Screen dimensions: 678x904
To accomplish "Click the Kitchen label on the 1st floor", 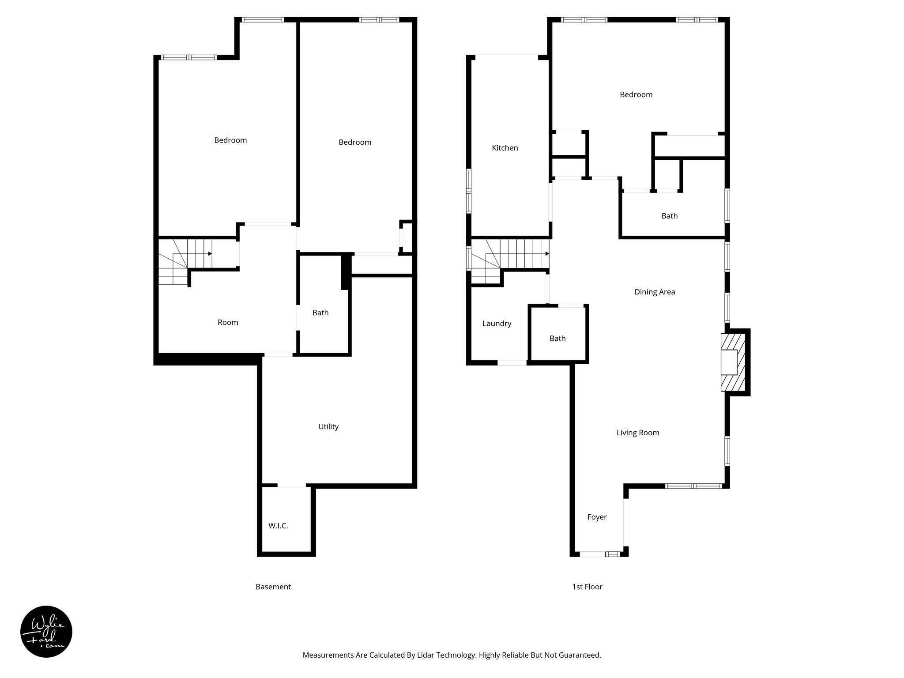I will click(505, 148).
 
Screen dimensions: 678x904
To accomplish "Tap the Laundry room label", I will click(497, 324).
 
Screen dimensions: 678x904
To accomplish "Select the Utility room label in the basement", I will click(328, 426).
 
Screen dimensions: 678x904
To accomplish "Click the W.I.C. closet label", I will click(278, 526).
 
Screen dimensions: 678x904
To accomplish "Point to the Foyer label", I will click(597, 517).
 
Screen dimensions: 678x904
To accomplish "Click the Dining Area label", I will click(654, 292).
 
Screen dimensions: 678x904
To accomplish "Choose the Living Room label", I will click(637, 433).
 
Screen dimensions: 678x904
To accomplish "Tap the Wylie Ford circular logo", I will click(46, 632).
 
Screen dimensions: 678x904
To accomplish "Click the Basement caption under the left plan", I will click(273, 587).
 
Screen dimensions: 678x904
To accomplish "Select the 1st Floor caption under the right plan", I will click(587, 587).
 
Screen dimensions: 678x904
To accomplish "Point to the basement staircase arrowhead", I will click(210, 254).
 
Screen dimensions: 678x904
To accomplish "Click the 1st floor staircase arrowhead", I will click(547, 254).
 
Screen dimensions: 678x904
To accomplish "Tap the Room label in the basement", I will click(228, 322).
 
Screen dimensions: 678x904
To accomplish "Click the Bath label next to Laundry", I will click(557, 339).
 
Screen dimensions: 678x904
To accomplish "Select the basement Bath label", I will click(320, 313).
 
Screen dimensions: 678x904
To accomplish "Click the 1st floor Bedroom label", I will click(636, 94).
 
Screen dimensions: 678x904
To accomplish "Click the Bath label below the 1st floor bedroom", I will click(669, 216).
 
